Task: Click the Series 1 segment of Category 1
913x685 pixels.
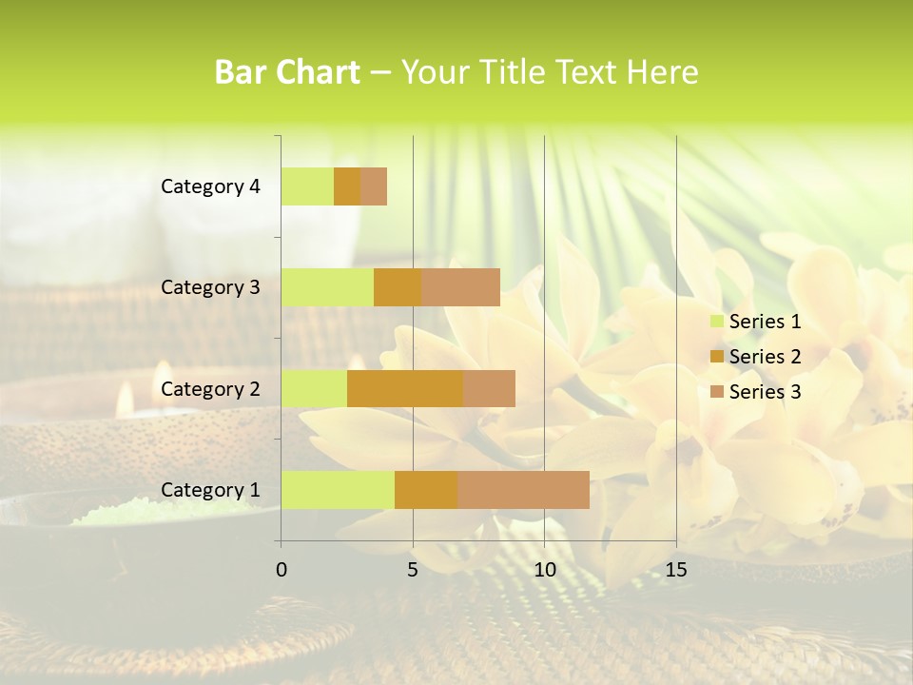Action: [338, 489]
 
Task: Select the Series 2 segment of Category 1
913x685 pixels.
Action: [426, 489]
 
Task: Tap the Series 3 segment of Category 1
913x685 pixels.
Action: [523, 489]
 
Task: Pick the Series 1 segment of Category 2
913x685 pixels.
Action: [314, 388]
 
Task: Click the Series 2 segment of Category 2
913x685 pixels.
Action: [405, 388]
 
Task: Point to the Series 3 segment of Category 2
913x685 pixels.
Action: [489, 388]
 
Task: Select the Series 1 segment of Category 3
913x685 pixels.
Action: [327, 287]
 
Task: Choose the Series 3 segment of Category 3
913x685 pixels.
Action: [460, 287]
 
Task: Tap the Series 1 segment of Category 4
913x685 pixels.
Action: [307, 186]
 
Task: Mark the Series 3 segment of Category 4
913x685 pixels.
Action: [374, 186]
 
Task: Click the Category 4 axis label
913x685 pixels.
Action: [210, 186]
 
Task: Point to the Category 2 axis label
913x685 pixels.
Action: [210, 388]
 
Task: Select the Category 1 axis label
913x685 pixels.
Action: [210, 490]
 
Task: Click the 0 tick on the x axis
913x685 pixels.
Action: [282, 570]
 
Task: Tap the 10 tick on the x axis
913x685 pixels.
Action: [544, 570]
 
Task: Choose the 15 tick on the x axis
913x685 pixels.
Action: [675, 570]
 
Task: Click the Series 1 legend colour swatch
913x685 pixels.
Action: [716, 322]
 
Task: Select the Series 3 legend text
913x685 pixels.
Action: [765, 392]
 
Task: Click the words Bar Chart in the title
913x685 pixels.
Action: [287, 72]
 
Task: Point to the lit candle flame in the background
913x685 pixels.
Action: [125, 401]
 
